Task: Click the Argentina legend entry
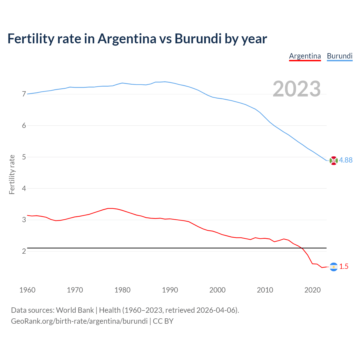click(x=305, y=56)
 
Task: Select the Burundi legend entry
click(x=339, y=56)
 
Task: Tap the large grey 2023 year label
click(x=296, y=89)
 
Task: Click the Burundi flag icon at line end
click(x=334, y=161)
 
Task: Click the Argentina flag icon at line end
click(x=334, y=267)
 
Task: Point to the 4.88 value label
click(x=346, y=160)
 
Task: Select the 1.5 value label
click(x=344, y=266)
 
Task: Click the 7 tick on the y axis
click(x=24, y=94)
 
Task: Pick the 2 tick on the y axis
click(x=24, y=251)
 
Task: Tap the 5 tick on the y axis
click(x=24, y=157)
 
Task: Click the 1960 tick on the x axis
click(x=27, y=290)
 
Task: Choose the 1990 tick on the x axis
click(x=170, y=290)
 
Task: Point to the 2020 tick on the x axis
click(x=312, y=290)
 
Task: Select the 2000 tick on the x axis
click(x=217, y=290)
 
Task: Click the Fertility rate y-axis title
click(x=12, y=174)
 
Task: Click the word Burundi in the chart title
click(x=198, y=39)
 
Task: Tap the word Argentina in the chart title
click(x=127, y=39)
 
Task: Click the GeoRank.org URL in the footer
click(x=79, y=321)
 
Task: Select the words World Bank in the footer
click(x=75, y=310)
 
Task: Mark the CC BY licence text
click(x=163, y=321)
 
